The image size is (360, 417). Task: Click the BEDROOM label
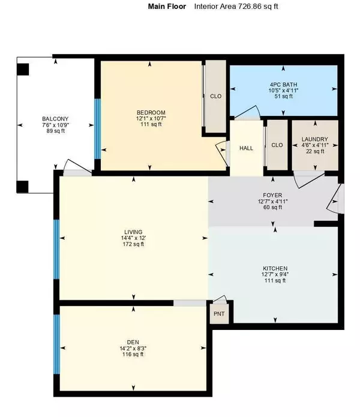(151, 113)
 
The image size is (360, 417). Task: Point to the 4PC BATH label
(283, 85)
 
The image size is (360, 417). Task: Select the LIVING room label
(133, 232)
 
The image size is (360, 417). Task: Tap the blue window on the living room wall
(56, 250)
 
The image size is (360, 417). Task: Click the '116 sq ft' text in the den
(133, 356)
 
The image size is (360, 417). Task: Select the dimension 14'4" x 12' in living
(133, 239)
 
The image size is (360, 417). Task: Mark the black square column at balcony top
(22, 69)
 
